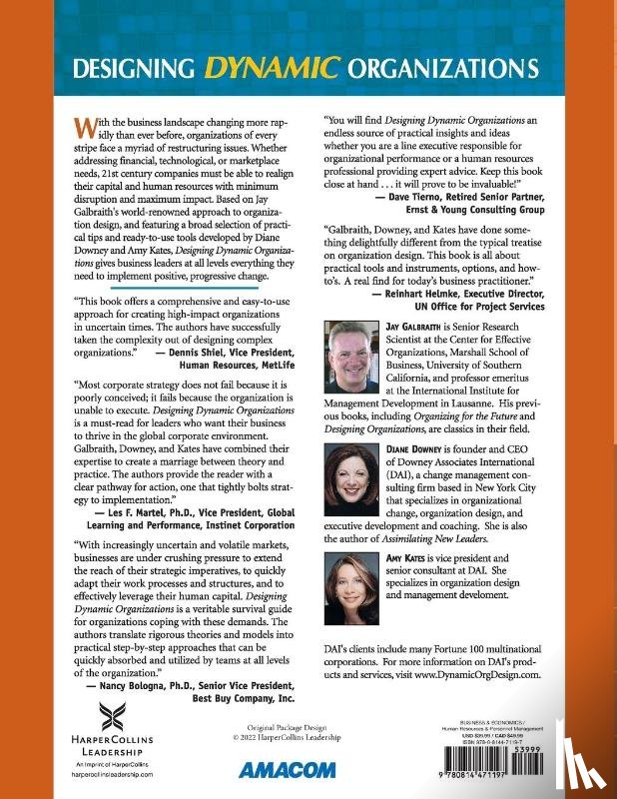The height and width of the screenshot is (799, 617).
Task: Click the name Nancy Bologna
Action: pyautogui.click(x=130, y=686)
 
